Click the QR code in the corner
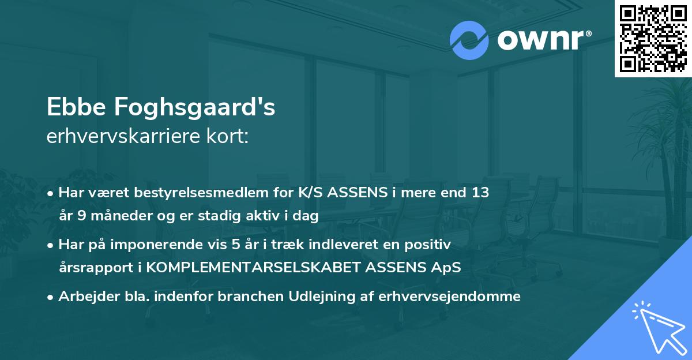click(x=652, y=38)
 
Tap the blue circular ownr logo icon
click(x=469, y=40)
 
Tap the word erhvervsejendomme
click(x=450, y=297)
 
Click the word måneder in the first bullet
click(x=116, y=216)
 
